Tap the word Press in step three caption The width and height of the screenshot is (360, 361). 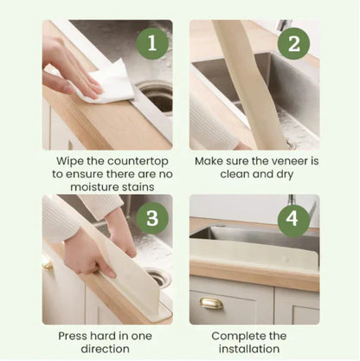75,335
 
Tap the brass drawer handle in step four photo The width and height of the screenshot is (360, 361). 211,303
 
